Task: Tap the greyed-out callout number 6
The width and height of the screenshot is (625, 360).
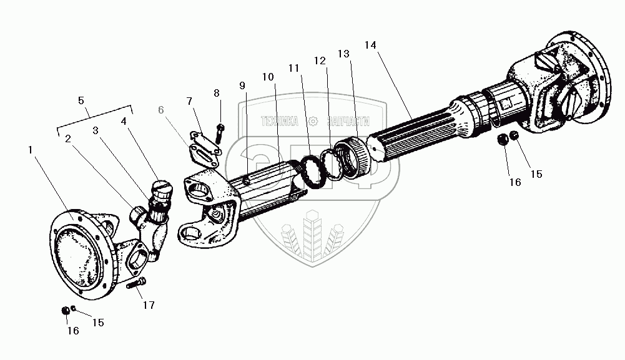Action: (161, 110)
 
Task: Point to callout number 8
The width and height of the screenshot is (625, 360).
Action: (217, 93)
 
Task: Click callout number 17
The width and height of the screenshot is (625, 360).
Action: (149, 306)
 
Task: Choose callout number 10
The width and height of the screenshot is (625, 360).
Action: (268, 77)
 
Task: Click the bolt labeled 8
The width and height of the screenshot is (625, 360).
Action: (220, 132)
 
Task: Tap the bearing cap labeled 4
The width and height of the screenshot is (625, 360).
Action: (160, 188)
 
